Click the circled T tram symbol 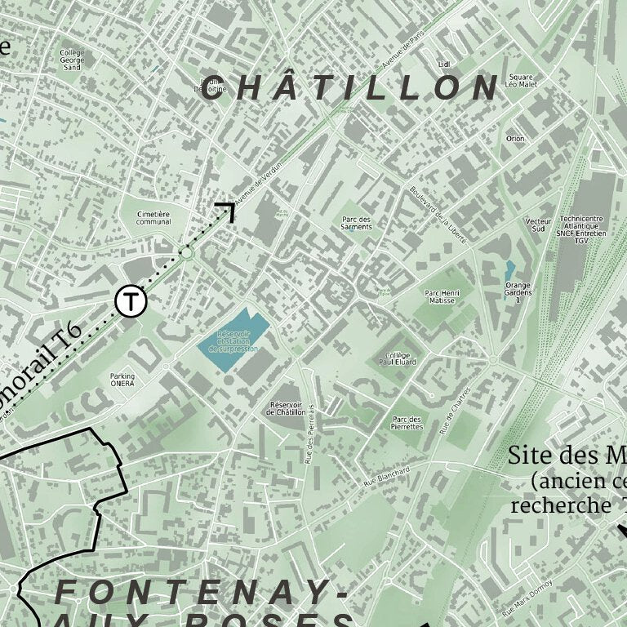pyautogui.click(x=131, y=301)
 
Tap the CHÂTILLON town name pyautogui.click(x=350, y=88)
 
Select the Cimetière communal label pyautogui.click(x=153, y=217)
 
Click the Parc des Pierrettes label pyautogui.click(x=407, y=422)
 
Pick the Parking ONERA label pyautogui.click(x=122, y=380)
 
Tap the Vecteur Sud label pyautogui.click(x=536, y=225)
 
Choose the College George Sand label pyautogui.click(x=72, y=59)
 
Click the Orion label pyautogui.click(x=515, y=139)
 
